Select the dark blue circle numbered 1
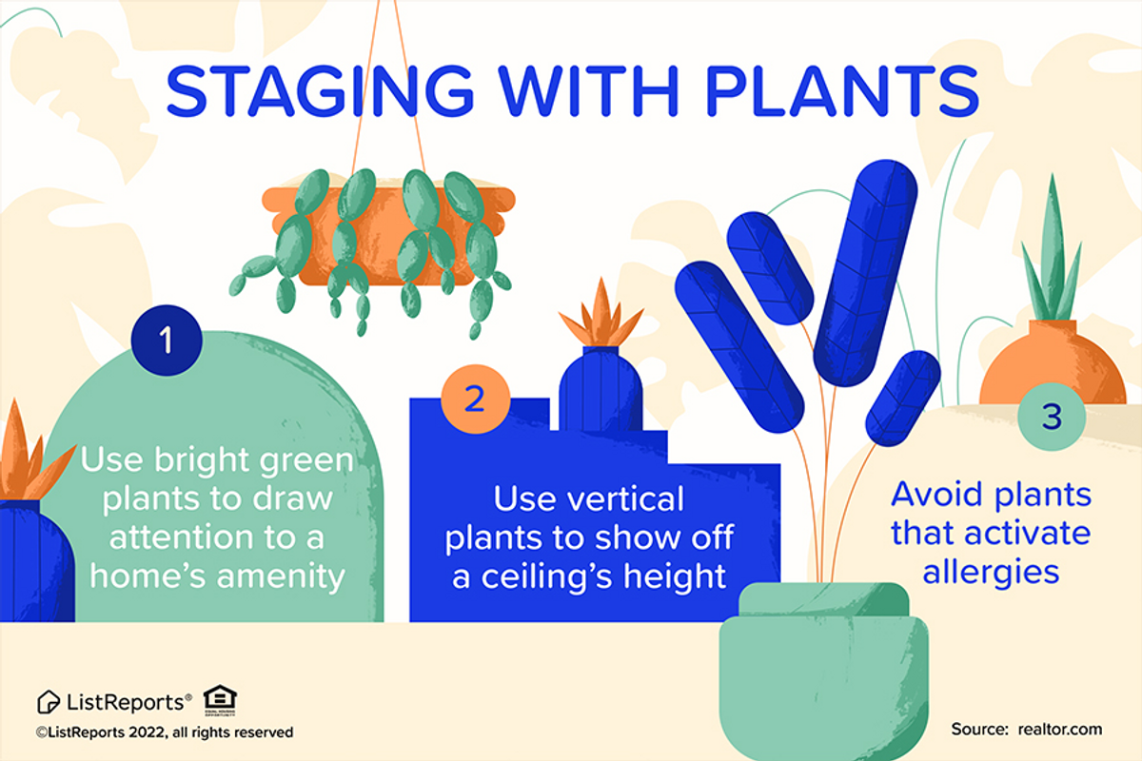pos(167,340)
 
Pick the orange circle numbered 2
pos(474,399)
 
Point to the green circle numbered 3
pos(1051,417)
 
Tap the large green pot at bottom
pos(823,675)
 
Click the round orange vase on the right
pos(1053,366)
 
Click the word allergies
pos(991,572)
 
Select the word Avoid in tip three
pos(937,496)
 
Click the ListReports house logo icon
pos(49,702)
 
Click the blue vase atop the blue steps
pos(600,385)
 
